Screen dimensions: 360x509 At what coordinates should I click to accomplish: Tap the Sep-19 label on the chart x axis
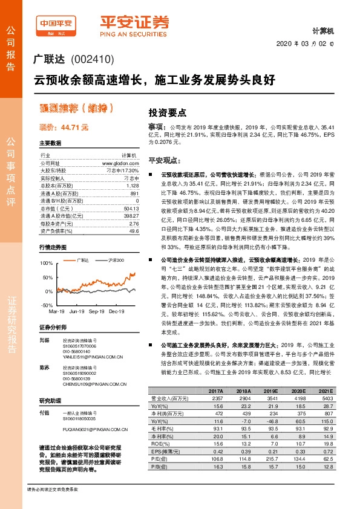[x=97, y=311]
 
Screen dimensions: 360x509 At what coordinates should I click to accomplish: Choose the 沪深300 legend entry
[x=116, y=259]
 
